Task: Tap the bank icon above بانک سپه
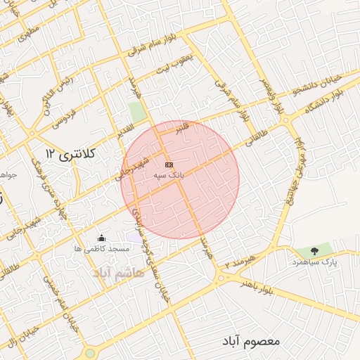click(x=167, y=164)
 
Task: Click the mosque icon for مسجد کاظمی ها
click(x=102, y=238)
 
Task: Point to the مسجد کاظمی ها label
click(x=101, y=249)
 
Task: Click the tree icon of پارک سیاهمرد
click(x=314, y=250)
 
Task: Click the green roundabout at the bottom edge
click(x=89, y=354)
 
